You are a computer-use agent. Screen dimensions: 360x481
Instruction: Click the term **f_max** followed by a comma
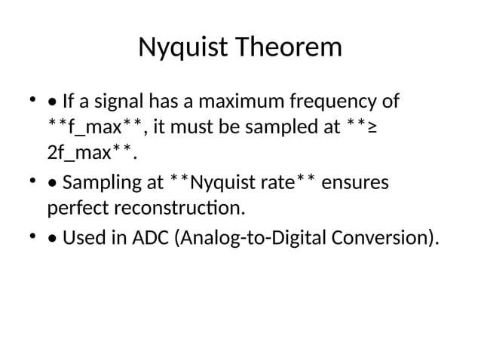(97, 127)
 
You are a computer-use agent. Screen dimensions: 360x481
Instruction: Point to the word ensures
(356, 183)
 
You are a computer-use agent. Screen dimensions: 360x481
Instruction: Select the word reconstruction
(177, 207)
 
